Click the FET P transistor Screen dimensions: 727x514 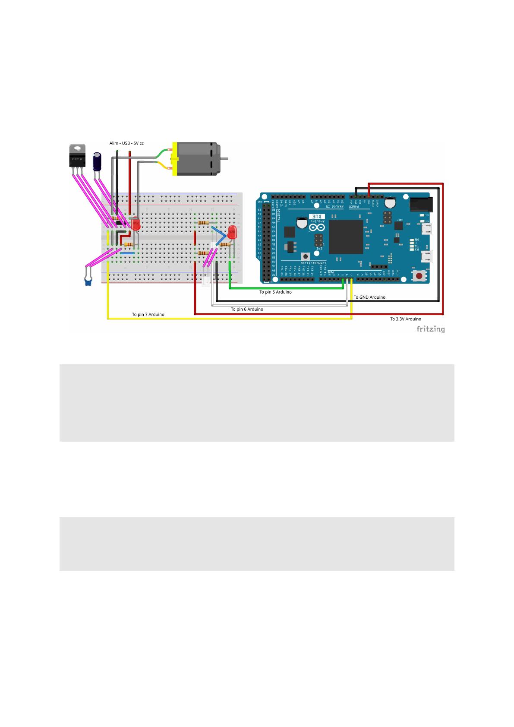(77, 157)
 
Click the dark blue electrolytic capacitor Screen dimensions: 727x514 (98, 160)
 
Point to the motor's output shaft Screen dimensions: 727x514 (224, 159)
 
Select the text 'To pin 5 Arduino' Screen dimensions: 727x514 (275, 292)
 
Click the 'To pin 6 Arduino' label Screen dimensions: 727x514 (246, 309)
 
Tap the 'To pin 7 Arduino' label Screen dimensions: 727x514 (148, 314)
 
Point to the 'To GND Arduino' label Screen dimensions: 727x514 (369, 297)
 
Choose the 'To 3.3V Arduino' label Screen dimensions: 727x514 (406, 319)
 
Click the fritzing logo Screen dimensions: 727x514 (430, 329)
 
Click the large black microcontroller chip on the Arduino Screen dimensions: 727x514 (346, 237)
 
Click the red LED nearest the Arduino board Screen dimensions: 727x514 (233, 232)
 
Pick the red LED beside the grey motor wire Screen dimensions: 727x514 (136, 224)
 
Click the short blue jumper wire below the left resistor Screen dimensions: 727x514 (127, 253)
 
